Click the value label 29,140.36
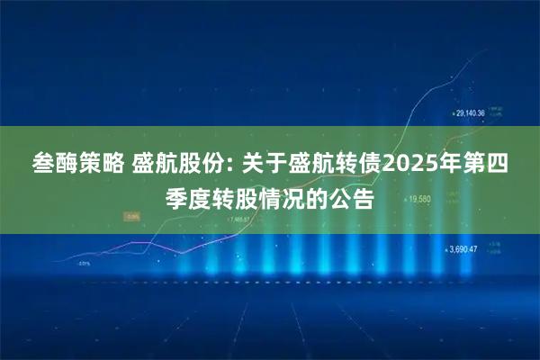pyautogui.click(x=471, y=113)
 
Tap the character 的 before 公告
pyautogui.click(x=322, y=197)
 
